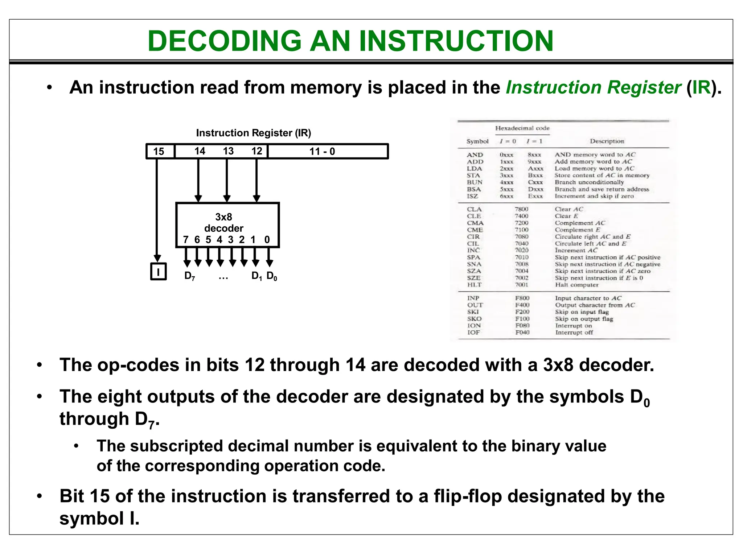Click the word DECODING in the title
(x=225, y=41)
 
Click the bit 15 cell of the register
(x=159, y=151)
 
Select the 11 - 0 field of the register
(x=322, y=151)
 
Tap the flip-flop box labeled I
(x=158, y=271)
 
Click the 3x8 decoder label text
(x=223, y=223)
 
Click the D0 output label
(x=272, y=276)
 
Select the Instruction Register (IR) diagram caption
(x=254, y=133)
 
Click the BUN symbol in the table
(x=475, y=182)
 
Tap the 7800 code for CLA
(x=522, y=209)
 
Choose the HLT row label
(x=474, y=285)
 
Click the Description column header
(x=607, y=141)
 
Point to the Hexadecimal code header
(x=522, y=128)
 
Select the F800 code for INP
(x=522, y=298)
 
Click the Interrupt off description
(x=574, y=333)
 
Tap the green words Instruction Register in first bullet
(x=593, y=87)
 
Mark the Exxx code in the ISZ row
(x=535, y=196)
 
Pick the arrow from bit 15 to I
(x=157, y=210)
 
